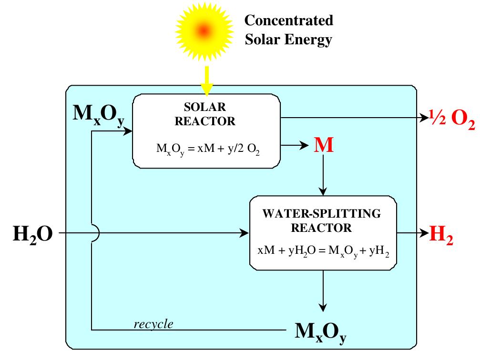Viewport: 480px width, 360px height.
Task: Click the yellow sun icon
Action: click(204, 30)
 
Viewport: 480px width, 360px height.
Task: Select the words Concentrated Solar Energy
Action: click(288, 30)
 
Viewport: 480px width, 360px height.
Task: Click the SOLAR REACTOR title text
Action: click(205, 114)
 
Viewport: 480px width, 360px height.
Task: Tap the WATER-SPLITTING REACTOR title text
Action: click(322, 220)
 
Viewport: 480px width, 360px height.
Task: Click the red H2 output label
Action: click(441, 234)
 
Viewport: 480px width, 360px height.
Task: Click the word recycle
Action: click(153, 324)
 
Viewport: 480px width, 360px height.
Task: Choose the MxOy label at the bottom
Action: click(320, 331)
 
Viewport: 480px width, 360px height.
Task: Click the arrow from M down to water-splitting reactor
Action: click(324, 176)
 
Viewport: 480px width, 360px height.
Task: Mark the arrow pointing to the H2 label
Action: click(413, 233)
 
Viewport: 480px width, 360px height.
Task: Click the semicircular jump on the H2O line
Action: click(95, 233)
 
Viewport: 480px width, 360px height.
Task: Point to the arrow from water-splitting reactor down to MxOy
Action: click(324, 290)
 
